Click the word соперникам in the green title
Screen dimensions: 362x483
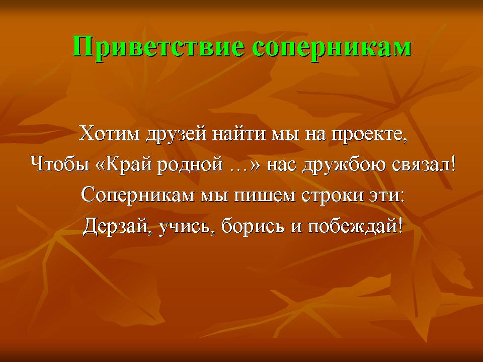coord(332,48)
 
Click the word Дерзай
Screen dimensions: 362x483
coord(116,226)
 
